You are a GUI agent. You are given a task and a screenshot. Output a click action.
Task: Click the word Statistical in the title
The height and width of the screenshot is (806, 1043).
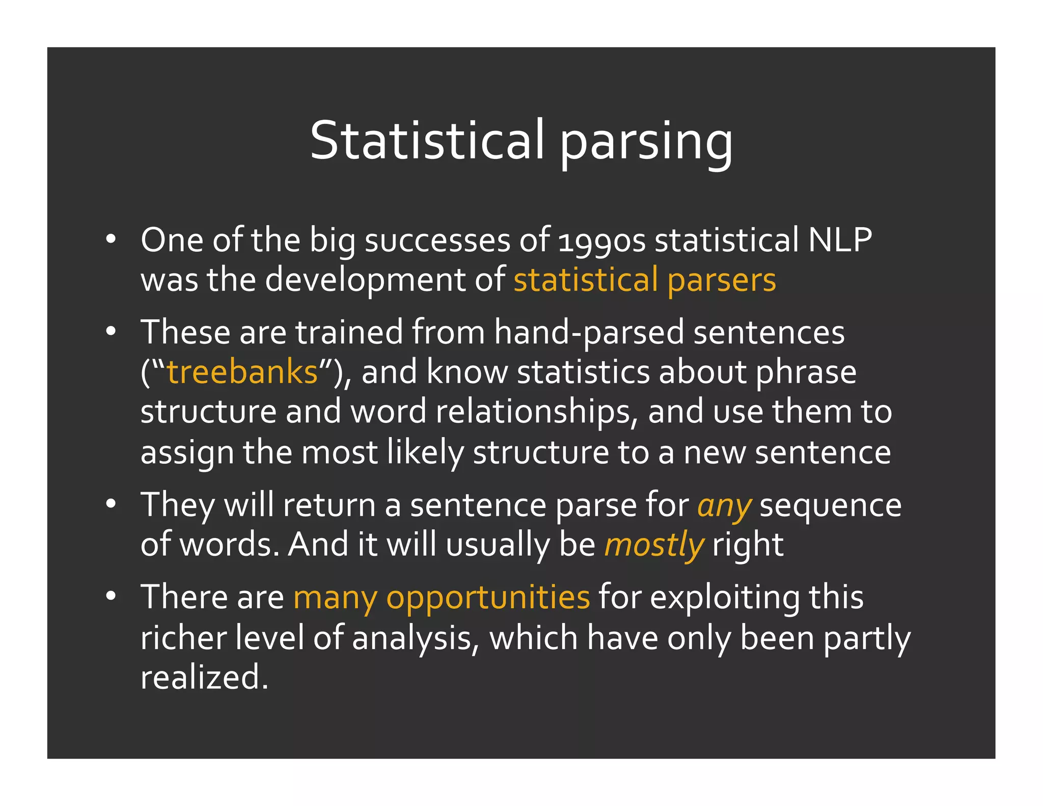tap(427, 140)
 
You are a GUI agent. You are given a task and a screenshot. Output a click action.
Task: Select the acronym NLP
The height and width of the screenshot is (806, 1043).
tap(840, 239)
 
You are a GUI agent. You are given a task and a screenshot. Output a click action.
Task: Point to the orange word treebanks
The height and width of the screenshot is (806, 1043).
tap(242, 372)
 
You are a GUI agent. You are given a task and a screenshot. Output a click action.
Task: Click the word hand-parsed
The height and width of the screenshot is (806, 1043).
tap(588, 332)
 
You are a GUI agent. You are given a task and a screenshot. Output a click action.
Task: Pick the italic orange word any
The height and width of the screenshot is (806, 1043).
tap(724, 506)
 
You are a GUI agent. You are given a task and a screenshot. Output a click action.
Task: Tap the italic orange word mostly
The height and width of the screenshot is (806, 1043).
tap(654, 545)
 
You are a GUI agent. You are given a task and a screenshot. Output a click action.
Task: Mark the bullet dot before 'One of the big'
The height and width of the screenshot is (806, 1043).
tap(111, 239)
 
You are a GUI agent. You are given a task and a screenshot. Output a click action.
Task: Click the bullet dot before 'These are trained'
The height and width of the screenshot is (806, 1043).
tap(111, 332)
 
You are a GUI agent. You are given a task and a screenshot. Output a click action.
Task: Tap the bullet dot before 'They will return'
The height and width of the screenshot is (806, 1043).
tap(111, 505)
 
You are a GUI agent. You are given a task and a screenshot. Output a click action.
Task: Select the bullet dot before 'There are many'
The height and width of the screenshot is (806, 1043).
tap(111, 596)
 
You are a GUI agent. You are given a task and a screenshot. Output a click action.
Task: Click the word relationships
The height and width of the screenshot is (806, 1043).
tap(537, 412)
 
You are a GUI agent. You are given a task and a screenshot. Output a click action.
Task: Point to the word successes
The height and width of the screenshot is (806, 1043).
tap(437, 240)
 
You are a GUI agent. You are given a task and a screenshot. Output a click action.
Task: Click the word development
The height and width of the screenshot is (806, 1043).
tap(365, 281)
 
